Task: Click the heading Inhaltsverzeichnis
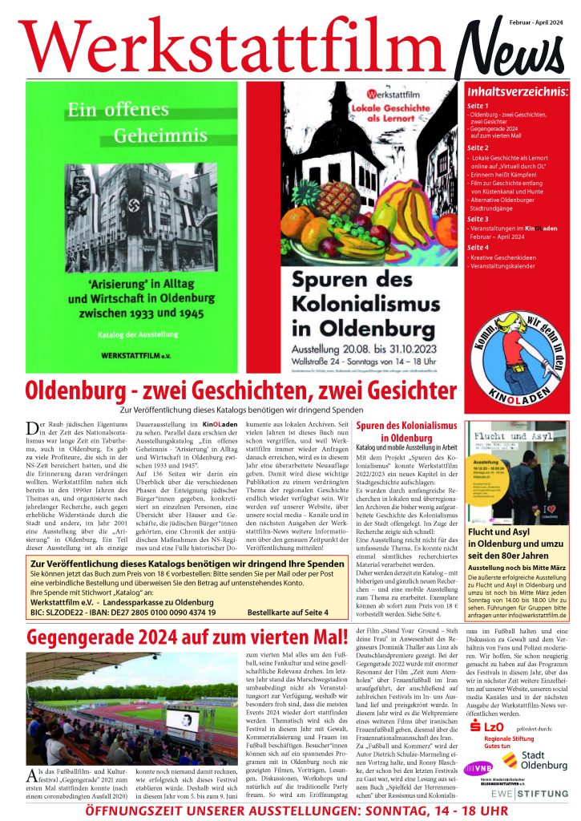point(517,92)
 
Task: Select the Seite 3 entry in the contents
point(478,218)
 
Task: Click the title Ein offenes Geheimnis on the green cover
point(120,122)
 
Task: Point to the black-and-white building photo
point(140,216)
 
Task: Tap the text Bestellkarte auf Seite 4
point(282,612)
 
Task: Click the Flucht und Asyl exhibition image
point(518,461)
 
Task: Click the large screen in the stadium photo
point(182,719)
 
